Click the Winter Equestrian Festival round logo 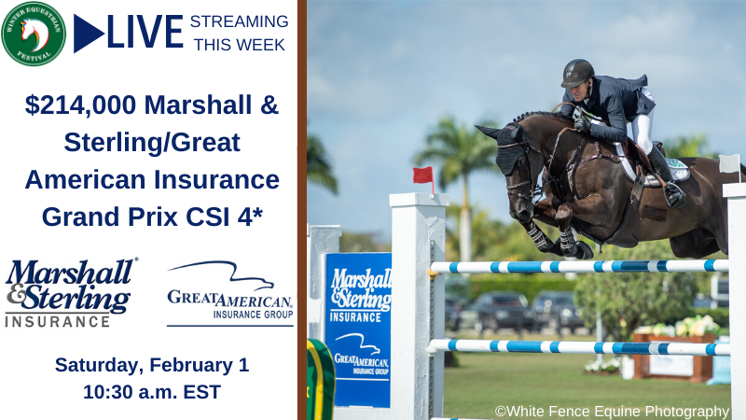[34, 34]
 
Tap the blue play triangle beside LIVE [87, 34]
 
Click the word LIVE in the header [145, 33]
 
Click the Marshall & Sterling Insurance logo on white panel [71, 292]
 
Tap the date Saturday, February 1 [151, 364]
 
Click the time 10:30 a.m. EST [151, 391]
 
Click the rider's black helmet [577, 72]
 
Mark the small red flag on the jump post [423, 175]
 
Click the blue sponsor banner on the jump [358, 327]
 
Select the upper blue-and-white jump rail [578, 266]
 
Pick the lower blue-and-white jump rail [578, 346]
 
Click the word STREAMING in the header [239, 21]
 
